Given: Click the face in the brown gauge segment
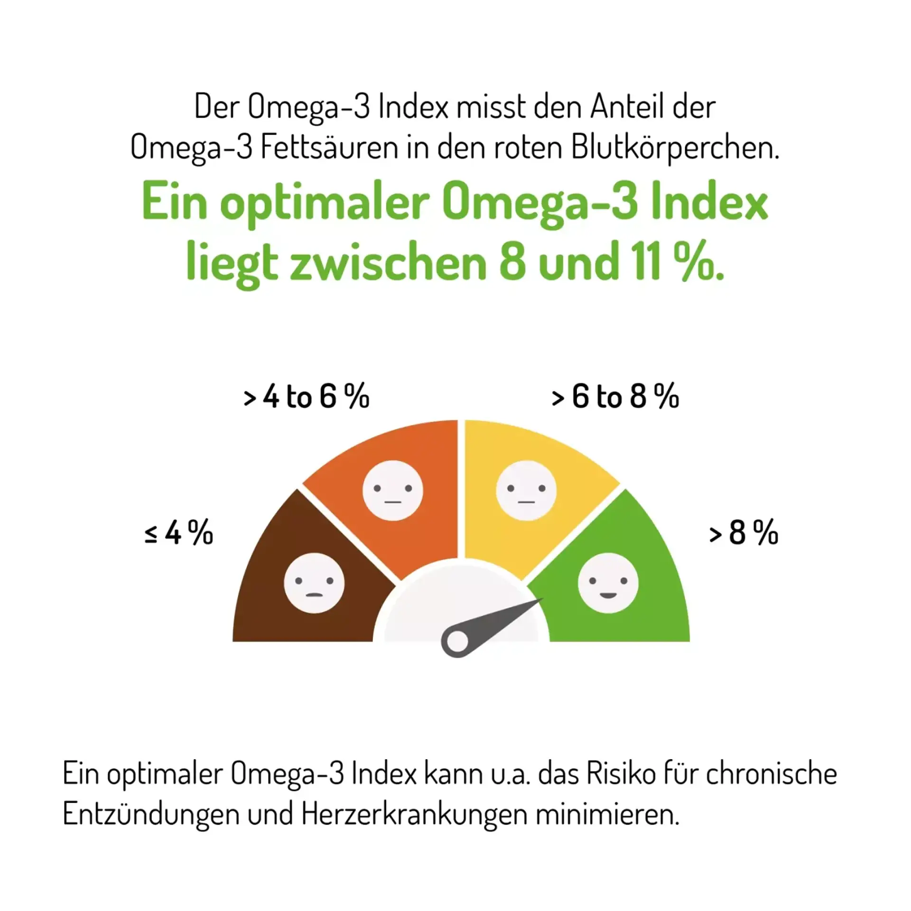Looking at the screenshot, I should coord(314,583).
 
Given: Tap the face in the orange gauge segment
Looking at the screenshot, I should coord(393,490).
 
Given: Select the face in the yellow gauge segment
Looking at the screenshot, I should coord(526,490).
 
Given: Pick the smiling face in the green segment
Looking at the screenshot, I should coord(608,583).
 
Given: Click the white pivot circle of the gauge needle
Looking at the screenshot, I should coord(457,641).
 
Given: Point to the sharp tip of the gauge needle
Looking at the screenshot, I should coord(541,600).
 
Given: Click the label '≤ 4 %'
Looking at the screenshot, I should coord(179,533).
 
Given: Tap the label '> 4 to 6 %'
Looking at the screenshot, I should coord(307,397).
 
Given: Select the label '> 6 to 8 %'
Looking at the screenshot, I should coord(615,397).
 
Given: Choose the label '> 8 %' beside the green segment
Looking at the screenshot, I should coord(744,533).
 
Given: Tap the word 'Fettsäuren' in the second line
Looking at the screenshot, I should coord(329,147).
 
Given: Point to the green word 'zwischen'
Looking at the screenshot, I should coord(388,262).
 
